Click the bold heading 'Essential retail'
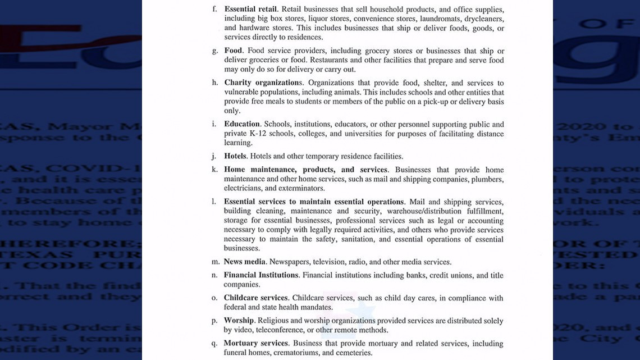(250, 10)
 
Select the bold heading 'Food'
(234, 51)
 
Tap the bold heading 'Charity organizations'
(263, 83)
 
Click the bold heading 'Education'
(242, 124)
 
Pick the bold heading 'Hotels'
(235, 156)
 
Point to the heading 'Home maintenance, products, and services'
(305, 170)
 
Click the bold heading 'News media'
(244, 262)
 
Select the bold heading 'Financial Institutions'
(261, 275)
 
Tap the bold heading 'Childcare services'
(255, 298)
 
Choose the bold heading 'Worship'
(239, 321)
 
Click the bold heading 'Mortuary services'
(255, 343)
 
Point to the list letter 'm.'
(216, 262)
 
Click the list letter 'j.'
(214, 156)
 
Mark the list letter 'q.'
(214, 343)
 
